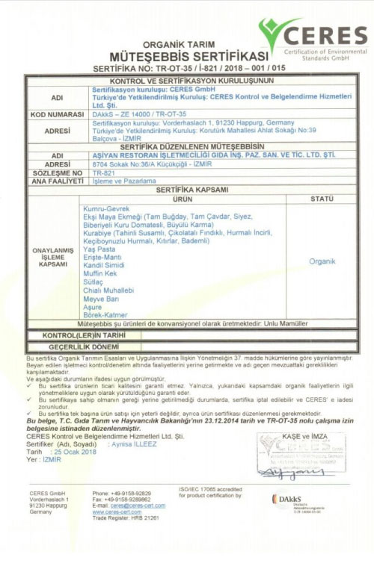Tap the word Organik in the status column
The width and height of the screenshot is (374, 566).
point(322,261)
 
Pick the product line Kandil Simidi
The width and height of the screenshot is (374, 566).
point(104,266)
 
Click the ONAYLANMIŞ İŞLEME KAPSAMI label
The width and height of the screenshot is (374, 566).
point(53,258)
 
